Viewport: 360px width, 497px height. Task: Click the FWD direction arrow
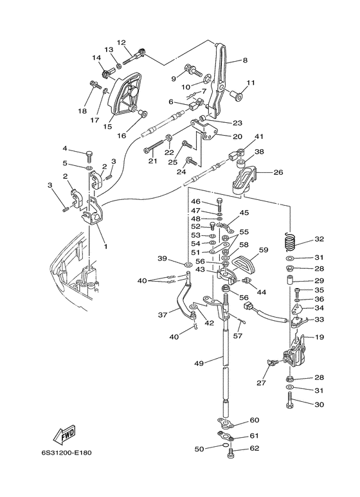coord(64,433)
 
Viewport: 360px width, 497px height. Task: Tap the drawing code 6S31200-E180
coord(66,453)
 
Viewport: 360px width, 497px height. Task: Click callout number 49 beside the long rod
coord(200,363)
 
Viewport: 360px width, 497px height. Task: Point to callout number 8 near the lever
coord(245,60)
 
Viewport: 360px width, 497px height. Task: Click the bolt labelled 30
coord(290,401)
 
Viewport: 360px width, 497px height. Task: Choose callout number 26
coord(278,173)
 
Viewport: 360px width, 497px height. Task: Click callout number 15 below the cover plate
coord(107,126)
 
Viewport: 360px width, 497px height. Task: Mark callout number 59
coord(264,250)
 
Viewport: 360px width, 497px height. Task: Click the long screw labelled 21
coord(154,147)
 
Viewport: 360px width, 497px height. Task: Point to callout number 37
coord(162,315)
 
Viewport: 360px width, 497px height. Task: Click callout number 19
coord(319,337)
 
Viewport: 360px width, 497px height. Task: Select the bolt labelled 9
coord(192,69)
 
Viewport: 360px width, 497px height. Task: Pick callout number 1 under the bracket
coord(105,246)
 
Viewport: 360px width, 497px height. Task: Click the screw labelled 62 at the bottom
coord(231,453)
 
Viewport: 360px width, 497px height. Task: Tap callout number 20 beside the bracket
coord(237,136)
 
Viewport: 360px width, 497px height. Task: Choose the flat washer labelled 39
coord(188,264)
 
